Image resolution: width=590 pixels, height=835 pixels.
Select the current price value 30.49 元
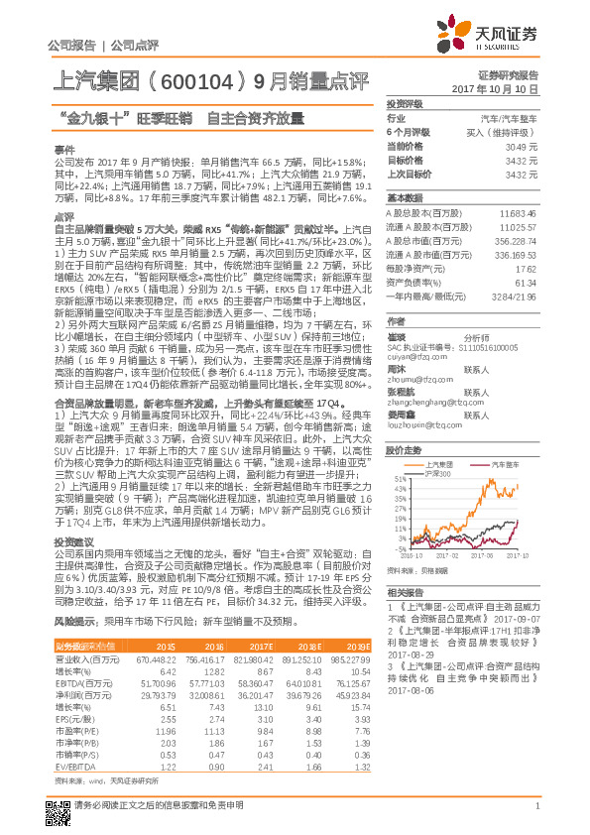[x=523, y=146]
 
